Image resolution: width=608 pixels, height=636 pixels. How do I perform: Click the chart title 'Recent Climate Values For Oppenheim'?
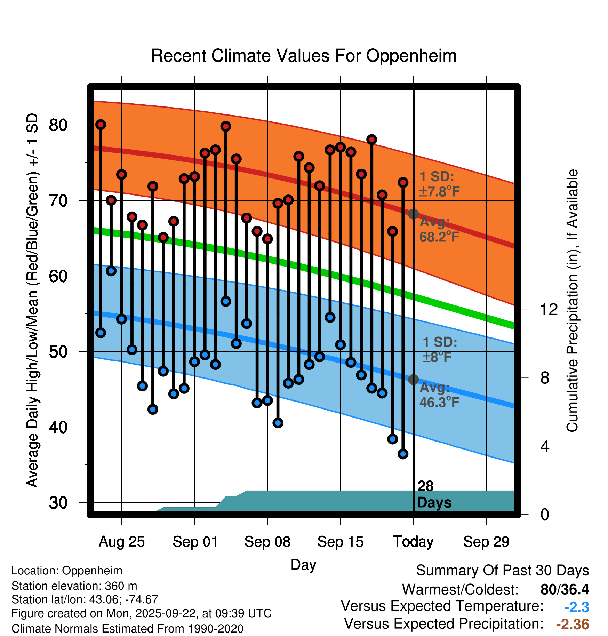click(x=304, y=56)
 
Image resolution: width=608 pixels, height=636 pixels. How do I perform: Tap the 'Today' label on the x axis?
click(x=413, y=542)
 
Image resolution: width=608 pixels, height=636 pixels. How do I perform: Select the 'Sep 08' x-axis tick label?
click(x=267, y=542)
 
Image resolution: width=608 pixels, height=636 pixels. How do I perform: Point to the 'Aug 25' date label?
click(x=121, y=542)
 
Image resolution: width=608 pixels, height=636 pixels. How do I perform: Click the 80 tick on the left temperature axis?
click(x=58, y=125)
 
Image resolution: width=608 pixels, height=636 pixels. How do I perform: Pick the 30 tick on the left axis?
click(x=58, y=503)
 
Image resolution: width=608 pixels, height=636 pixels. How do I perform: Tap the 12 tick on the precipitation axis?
click(x=549, y=309)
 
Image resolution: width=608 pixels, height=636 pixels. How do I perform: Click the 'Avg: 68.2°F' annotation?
click(x=439, y=229)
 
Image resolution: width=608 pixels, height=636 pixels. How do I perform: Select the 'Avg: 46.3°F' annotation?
click(x=439, y=395)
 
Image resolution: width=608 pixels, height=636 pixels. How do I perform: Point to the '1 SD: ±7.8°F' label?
click(x=439, y=184)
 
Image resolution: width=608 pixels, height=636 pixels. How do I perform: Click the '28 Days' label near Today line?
click(x=434, y=494)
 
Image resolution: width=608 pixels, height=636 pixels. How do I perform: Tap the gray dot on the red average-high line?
click(x=413, y=214)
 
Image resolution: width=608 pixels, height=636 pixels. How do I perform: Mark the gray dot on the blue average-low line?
click(x=413, y=379)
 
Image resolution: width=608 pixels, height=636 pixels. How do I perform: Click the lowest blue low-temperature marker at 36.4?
click(x=403, y=454)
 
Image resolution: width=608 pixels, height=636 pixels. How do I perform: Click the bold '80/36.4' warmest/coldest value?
click(x=565, y=589)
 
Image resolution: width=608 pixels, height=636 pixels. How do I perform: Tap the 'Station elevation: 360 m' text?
click(x=74, y=586)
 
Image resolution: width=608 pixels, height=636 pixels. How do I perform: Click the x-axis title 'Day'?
click(x=303, y=564)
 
